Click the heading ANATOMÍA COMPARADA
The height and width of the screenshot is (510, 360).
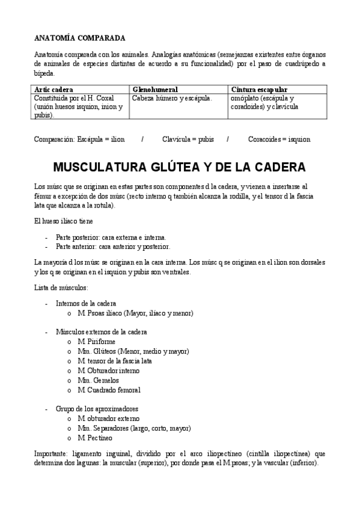coord(79,37)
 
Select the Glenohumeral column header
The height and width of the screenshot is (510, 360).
coord(154,89)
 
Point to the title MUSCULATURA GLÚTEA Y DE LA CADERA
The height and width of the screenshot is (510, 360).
coord(179,167)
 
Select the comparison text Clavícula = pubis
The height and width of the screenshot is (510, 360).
coord(189,139)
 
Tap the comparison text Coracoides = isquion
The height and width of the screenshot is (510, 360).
coord(279,139)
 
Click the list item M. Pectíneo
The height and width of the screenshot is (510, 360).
coord(96,437)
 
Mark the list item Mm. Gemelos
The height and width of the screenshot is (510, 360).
coord(98,380)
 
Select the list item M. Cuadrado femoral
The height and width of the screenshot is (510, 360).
coord(109,390)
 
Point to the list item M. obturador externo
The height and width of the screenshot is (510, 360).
coord(108,418)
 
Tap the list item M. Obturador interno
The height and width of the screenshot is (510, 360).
coord(108,370)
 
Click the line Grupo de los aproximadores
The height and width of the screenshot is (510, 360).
coord(97,408)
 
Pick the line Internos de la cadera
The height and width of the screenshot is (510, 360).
coord(86,303)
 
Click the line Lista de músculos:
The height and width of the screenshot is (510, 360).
coord(61,287)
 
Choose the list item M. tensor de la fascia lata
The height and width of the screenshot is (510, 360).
coord(114,361)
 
